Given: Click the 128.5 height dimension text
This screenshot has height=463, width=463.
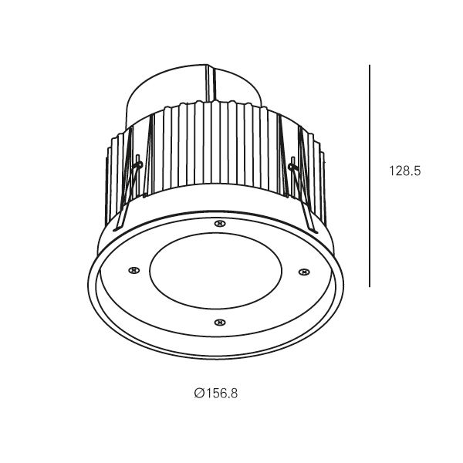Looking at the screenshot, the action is [x=405, y=171].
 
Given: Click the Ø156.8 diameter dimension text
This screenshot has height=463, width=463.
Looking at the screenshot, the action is [x=216, y=394].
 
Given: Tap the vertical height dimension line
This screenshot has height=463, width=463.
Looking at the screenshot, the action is [x=370, y=176].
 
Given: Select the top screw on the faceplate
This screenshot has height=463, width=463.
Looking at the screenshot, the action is [x=219, y=224].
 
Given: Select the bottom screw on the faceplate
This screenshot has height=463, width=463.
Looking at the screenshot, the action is [x=219, y=322].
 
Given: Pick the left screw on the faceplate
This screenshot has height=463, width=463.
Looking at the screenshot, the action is [x=133, y=270].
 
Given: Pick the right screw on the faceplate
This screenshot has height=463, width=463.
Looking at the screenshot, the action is [x=304, y=272].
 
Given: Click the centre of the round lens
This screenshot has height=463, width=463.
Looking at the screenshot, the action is [x=215, y=271].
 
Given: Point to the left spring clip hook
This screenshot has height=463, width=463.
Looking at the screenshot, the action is [x=138, y=165].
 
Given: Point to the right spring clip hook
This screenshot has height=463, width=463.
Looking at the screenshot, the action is [x=292, y=167].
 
